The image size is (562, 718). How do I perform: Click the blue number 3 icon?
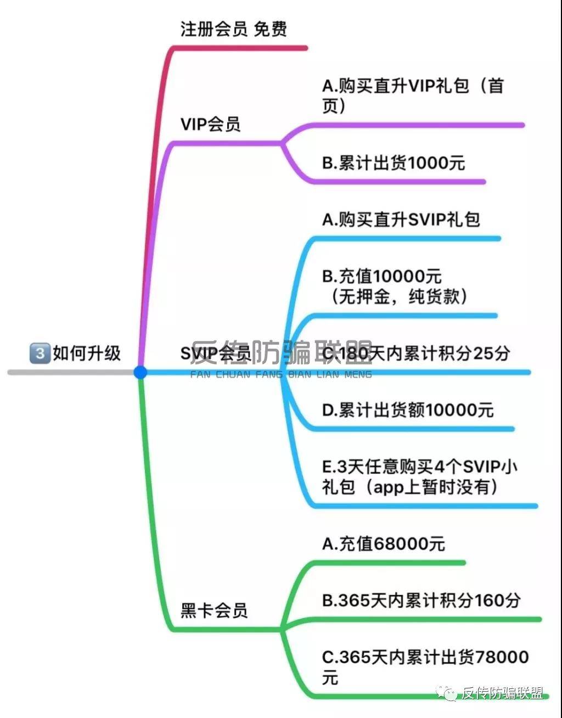40,352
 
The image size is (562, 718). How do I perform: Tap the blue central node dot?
140,372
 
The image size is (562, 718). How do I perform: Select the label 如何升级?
87,353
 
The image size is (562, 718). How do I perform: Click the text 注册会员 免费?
234,29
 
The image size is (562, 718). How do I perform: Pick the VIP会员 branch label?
211,125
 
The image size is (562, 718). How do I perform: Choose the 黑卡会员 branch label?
214,610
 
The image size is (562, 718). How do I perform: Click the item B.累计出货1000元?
394,163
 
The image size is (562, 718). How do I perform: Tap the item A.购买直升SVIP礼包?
401,220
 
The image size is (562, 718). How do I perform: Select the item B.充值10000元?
382,276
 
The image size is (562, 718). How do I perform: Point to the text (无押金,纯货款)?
399,297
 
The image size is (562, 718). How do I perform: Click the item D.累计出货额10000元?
408,410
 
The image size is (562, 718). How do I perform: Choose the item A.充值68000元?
384,544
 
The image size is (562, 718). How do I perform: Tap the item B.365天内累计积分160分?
421,601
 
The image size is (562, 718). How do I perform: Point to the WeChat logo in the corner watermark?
449,693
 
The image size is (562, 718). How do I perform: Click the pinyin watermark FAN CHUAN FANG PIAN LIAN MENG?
281,375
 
